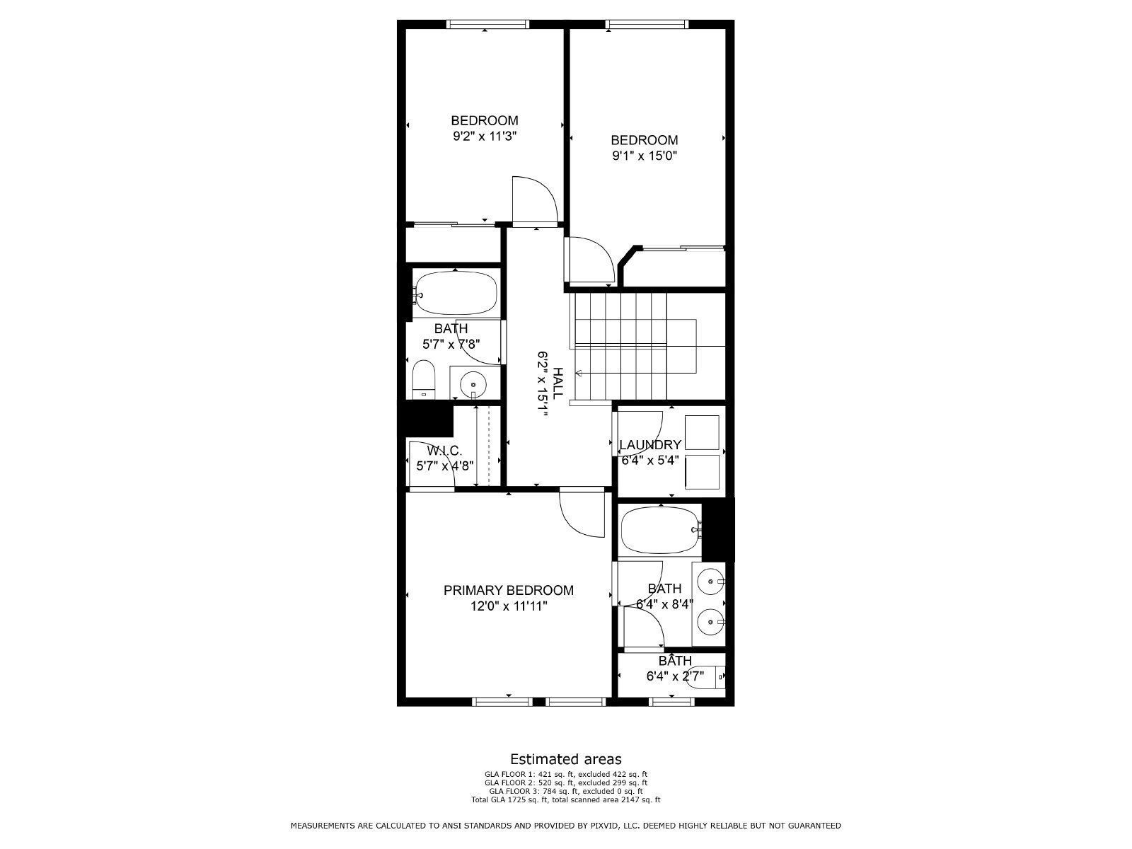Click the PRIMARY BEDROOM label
pyautogui.click(x=508, y=590)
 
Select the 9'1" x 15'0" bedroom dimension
pyautogui.click(x=644, y=156)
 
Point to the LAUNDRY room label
pyautogui.click(x=649, y=445)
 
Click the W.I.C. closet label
pyautogui.click(x=444, y=451)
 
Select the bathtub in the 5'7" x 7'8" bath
pyautogui.click(x=456, y=292)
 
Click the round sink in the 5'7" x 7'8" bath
pyautogui.click(x=473, y=386)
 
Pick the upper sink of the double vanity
pyautogui.click(x=710, y=582)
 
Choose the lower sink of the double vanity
pyautogui.click(x=710, y=623)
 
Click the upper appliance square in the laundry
pyautogui.click(x=702, y=432)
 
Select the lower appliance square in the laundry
pyautogui.click(x=702, y=472)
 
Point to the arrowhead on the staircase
pyautogui.click(x=579, y=373)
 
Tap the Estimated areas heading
pyautogui.click(x=566, y=760)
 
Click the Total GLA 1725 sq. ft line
pyautogui.click(x=566, y=800)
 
